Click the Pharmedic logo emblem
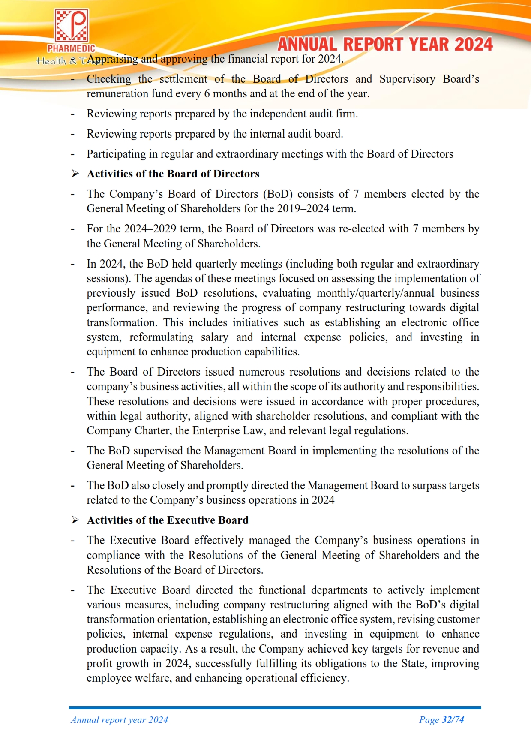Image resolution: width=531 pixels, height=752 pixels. (71, 26)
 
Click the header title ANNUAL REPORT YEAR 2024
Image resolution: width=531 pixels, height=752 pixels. (385, 45)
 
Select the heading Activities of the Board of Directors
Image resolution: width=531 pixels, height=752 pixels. (173, 174)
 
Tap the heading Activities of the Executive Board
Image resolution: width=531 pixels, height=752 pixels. (168, 520)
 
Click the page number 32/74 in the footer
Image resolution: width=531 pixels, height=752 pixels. (453, 719)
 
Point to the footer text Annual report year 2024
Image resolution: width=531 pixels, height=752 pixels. (119, 719)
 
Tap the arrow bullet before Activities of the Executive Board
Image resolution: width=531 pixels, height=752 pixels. (75, 520)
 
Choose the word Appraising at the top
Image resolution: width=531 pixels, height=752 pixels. (113, 59)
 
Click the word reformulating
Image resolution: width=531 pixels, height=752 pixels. (161, 337)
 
